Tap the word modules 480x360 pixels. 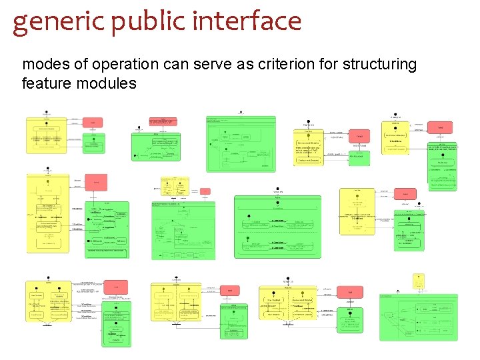point(105,83)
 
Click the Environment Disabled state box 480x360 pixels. point(312,144)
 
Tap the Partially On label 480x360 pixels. point(309,125)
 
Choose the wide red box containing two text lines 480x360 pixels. point(163,121)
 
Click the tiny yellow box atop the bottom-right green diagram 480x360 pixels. point(418,281)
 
